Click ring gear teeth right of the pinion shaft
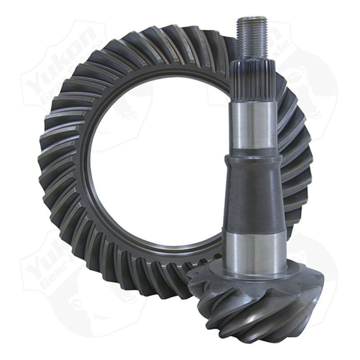click(x=297, y=148)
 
